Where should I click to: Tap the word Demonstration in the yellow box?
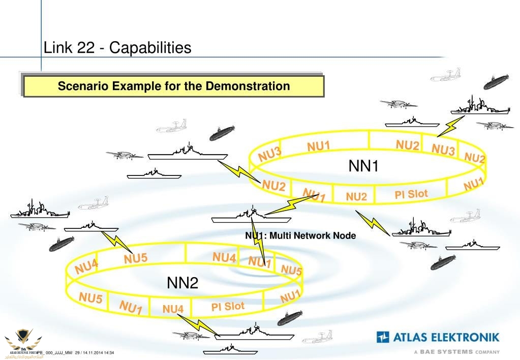248,86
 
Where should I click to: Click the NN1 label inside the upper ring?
363,166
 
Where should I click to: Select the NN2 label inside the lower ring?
182,283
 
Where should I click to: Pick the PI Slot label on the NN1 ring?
411,194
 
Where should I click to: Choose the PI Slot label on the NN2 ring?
228,307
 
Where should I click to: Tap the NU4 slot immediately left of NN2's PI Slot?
173,309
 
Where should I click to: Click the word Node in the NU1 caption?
346,235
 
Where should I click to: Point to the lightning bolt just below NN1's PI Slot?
373,222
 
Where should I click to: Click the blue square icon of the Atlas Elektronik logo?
383,337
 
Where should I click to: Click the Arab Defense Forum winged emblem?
19,339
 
